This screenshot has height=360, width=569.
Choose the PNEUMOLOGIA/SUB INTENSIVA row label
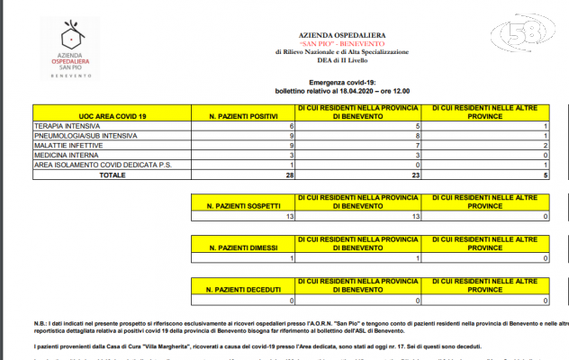point(86,136)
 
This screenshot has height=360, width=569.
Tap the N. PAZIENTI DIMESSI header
point(241,246)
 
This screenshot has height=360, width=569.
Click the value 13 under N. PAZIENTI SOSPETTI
point(288,216)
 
